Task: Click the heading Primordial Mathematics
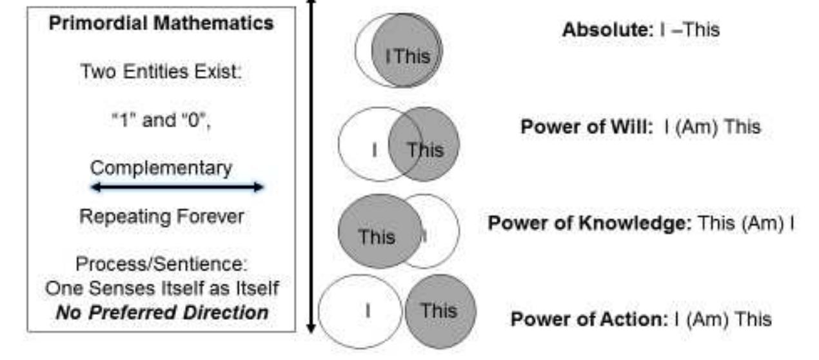point(161,24)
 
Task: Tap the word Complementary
point(161,168)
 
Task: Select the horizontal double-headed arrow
point(177,187)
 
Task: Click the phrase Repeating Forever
point(161,217)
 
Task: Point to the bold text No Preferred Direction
point(161,313)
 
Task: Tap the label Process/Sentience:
point(161,265)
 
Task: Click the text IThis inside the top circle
point(407,55)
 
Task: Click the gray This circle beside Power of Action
point(440,311)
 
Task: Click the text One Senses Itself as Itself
point(161,288)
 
